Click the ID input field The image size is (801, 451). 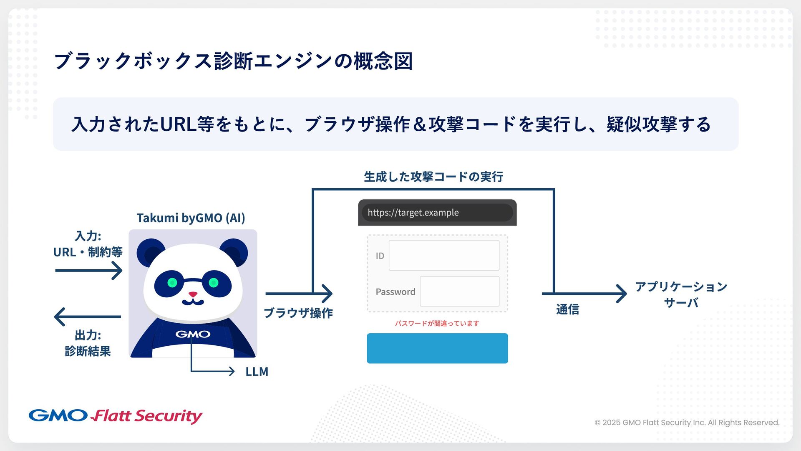(444, 255)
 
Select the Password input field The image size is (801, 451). (459, 291)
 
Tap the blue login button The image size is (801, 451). (437, 348)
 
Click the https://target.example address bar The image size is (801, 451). (437, 213)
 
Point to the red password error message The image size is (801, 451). (437, 323)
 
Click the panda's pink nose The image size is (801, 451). (193, 294)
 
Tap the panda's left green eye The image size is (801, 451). (172, 283)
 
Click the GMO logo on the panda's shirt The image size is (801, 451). (193, 334)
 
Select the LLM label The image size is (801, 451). (257, 371)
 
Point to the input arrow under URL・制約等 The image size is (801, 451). (88, 271)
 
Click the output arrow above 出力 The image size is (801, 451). (88, 317)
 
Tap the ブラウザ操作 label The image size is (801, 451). (298, 313)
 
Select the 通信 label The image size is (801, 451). (567, 309)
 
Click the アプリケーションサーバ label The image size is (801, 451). (681, 294)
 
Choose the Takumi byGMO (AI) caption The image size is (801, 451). (191, 218)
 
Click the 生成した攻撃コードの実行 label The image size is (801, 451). (433, 177)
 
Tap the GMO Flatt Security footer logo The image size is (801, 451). (116, 416)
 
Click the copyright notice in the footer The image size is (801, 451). (687, 422)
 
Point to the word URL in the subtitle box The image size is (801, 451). (178, 124)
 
